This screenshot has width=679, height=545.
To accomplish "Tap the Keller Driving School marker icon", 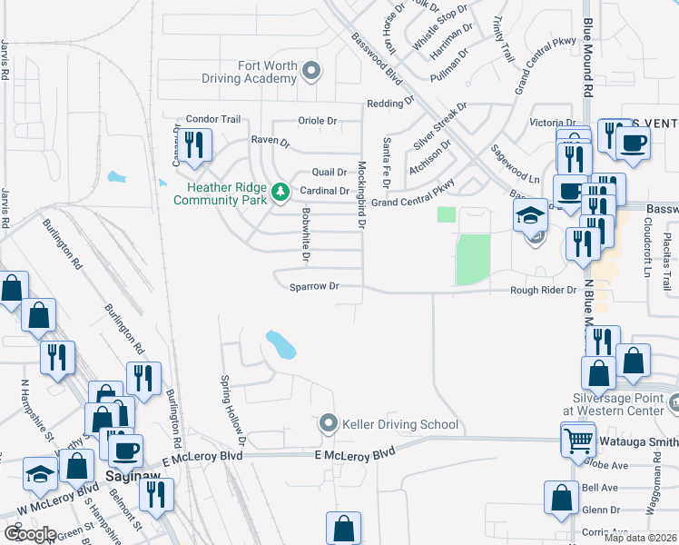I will tap(328, 424).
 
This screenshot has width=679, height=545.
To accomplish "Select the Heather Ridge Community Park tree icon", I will tap(281, 191).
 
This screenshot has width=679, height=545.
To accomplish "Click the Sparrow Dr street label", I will tap(314, 286).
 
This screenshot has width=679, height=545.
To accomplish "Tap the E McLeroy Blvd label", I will tap(356, 452).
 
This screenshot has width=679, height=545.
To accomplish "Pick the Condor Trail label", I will tap(212, 119).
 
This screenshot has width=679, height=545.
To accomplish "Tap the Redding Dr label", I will tap(384, 104).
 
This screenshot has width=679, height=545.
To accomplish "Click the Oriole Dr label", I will tap(318, 121).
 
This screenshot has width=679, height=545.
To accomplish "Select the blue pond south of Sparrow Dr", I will tap(280, 344).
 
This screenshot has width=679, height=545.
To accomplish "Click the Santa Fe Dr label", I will tap(387, 157).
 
